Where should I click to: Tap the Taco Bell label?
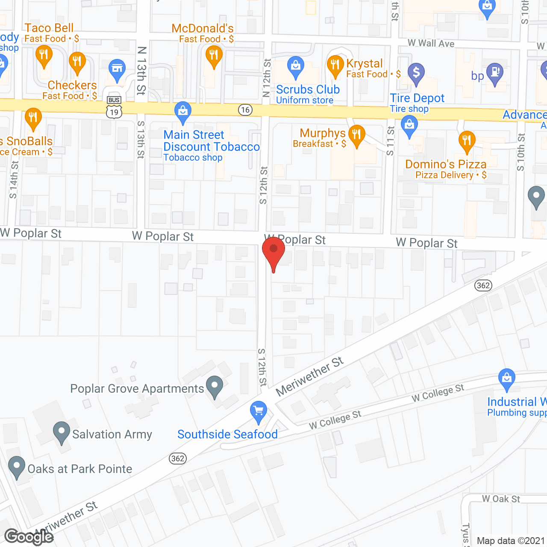tap(49, 28)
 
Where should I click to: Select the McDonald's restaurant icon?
tap(214, 57)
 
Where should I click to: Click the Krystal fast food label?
tap(364, 64)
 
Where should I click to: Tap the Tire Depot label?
tap(417, 98)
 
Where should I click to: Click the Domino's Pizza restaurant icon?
tap(467, 141)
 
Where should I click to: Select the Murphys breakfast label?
tap(322, 133)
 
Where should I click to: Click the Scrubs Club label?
tap(308, 90)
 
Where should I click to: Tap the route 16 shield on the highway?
tap(245, 110)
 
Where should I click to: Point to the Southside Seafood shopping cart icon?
tap(259, 412)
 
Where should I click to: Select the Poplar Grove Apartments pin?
tap(215, 386)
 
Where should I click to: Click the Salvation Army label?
tap(112, 435)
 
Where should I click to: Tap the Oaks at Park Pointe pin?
tap(17, 467)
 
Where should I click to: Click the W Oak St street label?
tap(501, 499)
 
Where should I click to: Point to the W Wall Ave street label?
tap(431, 43)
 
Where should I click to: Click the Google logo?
tap(28, 537)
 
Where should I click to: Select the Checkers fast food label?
tap(72, 85)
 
